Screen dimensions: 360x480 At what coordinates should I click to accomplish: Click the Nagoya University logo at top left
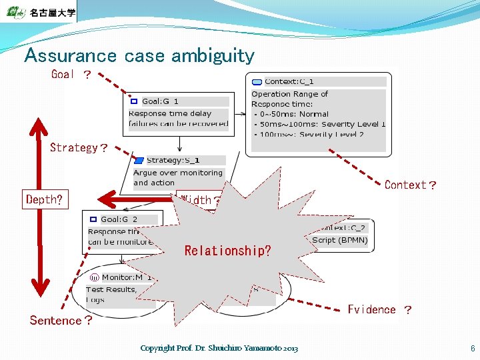(x=39, y=12)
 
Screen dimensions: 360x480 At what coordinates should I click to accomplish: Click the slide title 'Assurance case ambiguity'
(x=139, y=55)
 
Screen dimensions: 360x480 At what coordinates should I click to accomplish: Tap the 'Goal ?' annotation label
(x=71, y=75)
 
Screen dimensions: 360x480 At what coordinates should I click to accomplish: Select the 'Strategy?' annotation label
(x=79, y=147)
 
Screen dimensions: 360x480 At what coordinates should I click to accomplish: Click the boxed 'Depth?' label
(x=45, y=199)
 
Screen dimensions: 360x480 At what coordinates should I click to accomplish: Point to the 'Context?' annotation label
(x=410, y=185)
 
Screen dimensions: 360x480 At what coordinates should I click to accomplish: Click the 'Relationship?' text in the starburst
(x=227, y=251)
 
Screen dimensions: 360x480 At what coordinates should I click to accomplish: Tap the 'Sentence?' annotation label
(x=61, y=321)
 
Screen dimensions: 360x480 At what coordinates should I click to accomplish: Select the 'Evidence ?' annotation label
(x=379, y=309)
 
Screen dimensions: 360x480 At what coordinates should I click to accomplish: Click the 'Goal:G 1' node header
(x=160, y=101)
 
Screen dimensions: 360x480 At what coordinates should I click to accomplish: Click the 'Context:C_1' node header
(x=289, y=81)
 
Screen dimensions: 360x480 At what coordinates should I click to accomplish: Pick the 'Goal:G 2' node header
(x=119, y=219)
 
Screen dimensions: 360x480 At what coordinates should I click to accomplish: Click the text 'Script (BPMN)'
(x=339, y=240)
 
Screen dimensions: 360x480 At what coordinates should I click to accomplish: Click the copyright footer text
(x=219, y=348)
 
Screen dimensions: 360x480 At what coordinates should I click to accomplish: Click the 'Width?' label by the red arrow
(x=197, y=200)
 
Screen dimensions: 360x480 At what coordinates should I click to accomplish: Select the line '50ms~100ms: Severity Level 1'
(x=319, y=124)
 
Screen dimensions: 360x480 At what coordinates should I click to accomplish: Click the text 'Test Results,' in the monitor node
(x=111, y=289)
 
